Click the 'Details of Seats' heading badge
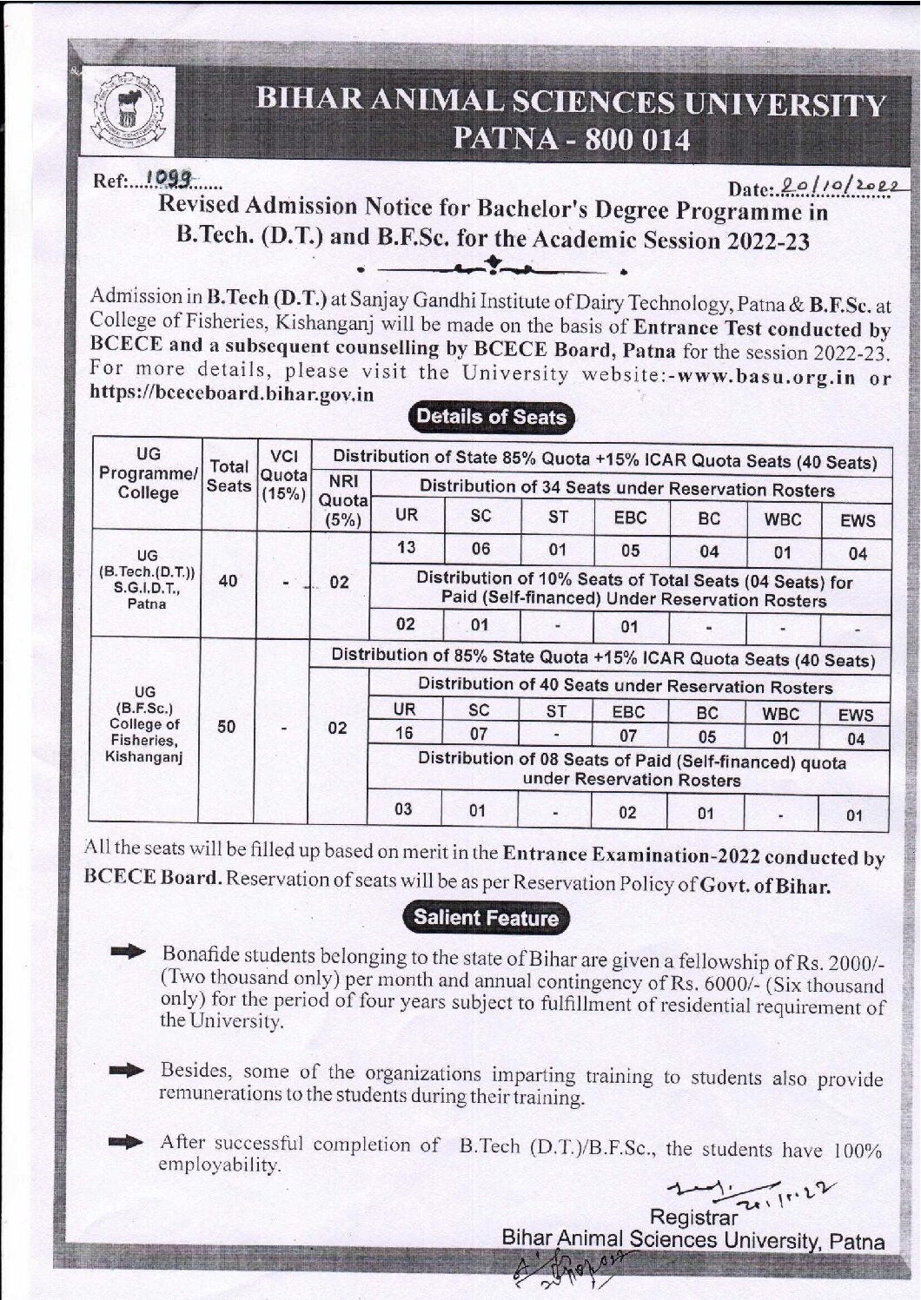pyautogui.click(x=491, y=418)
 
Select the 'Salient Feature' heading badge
pyautogui.click(x=487, y=918)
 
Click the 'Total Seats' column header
pyautogui.click(x=229, y=477)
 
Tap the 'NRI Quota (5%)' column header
pyautogui.click(x=341, y=500)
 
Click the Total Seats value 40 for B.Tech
pyautogui.click(x=229, y=581)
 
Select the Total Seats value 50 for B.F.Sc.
pyautogui.click(x=227, y=726)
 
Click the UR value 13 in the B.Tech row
pyautogui.click(x=406, y=548)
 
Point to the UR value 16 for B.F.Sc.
pyautogui.click(x=404, y=734)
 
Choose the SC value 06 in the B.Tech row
pyautogui.click(x=480, y=549)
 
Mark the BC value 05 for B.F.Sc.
pyautogui.click(x=707, y=737)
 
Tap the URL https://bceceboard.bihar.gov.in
pyautogui.click(x=232, y=393)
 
